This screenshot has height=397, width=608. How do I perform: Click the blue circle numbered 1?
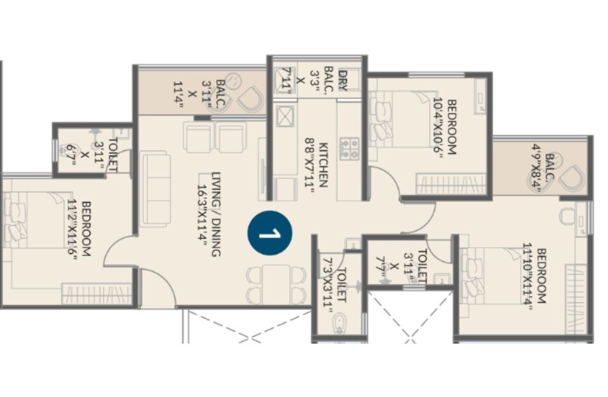tap(270, 232)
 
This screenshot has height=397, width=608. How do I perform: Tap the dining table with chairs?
tap(276, 285)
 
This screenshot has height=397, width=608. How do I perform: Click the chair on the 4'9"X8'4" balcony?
tap(574, 178)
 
